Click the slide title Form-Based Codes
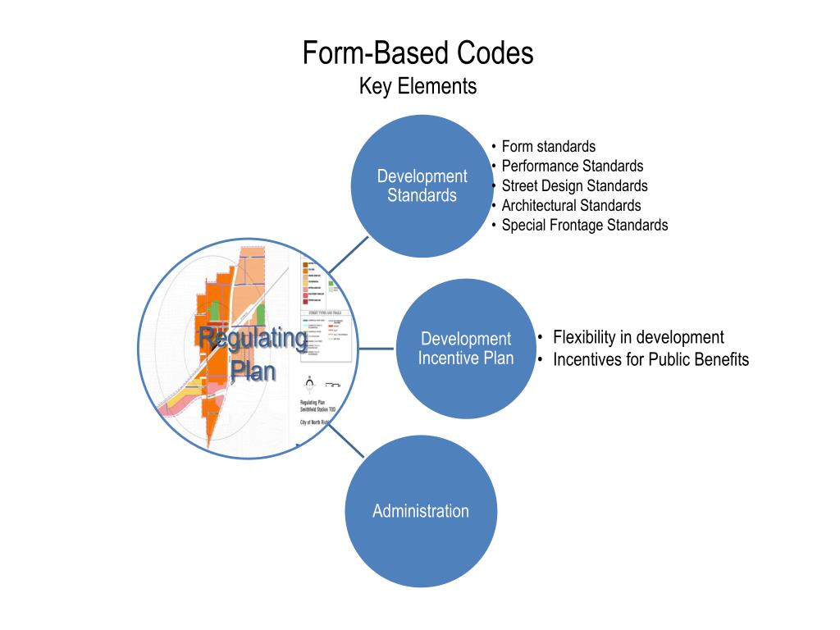point(418,53)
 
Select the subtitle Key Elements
point(418,86)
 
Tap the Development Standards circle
point(422,185)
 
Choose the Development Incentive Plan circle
point(466,348)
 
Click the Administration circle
point(420,511)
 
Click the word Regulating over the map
point(253,338)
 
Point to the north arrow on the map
point(308,381)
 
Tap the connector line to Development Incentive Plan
point(376,348)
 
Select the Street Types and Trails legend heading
point(325,314)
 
